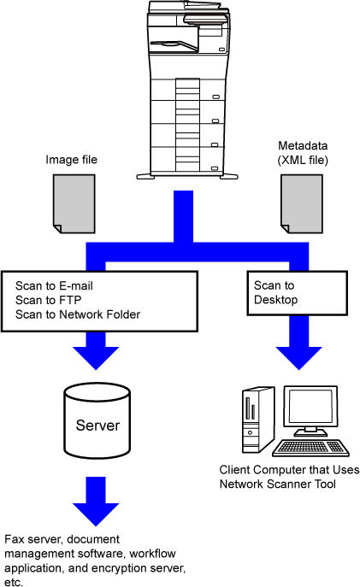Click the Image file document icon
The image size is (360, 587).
coord(74,203)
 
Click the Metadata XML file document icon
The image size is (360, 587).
coord(302,203)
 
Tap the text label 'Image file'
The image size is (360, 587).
coord(72,160)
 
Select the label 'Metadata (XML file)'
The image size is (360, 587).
coord(303,153)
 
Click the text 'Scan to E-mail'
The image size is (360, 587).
coord(54,286)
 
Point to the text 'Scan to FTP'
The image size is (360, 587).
coord(49,300)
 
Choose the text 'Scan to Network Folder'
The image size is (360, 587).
coord(78,314)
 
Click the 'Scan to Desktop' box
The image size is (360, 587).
coord(297,293)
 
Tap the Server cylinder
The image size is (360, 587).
coord(97,420)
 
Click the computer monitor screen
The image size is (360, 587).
coord(311,407)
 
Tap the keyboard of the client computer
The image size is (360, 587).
coord(310,448)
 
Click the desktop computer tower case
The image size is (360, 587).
coord(257,420)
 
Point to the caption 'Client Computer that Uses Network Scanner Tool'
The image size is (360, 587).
coord(289,477)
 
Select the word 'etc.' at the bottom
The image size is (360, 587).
coord(14,582)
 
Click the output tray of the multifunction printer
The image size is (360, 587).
coord(174,45)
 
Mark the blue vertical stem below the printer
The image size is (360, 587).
coord(183,216)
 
